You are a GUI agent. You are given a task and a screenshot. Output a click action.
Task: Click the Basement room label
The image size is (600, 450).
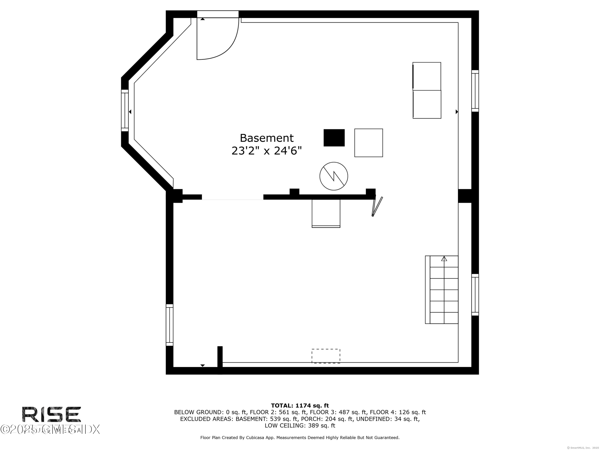tap(266, 138)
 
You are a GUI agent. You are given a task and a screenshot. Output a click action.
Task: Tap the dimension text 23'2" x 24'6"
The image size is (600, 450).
tap(266, 151)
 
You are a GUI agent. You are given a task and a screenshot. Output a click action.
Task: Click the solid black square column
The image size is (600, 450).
tap(334, 138)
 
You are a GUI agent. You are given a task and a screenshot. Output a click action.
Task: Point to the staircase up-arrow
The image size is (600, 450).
tap(444, 259)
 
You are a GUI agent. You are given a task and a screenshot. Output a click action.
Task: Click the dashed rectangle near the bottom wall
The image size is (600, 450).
tap(326, 356)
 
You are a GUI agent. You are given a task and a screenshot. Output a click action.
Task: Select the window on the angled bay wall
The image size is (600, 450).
tap(125, 110)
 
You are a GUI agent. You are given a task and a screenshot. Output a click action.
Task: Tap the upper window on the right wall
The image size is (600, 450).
tap(475, 91)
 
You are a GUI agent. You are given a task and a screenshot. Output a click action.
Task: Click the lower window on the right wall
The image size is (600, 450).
tap(475, 295)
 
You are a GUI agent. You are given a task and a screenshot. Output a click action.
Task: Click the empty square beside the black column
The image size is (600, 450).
tap(368, 143)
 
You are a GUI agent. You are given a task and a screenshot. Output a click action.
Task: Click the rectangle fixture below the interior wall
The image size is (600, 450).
tap(326, 213)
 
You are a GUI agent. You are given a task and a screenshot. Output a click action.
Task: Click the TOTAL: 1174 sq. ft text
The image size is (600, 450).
tap(300, 406)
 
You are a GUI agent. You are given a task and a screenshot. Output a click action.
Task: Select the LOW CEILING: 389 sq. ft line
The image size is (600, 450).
tap(300, 425)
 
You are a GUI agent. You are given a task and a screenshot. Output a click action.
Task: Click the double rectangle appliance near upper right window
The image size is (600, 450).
tap(427, 90)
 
